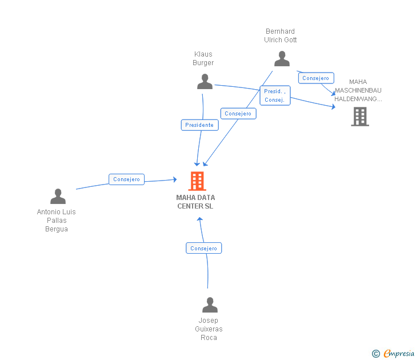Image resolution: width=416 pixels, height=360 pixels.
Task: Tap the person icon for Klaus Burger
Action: [205, 82]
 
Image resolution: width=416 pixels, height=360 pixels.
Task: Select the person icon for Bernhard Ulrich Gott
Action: [282, 59]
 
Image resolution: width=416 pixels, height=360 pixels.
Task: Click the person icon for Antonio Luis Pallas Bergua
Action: [58, 197]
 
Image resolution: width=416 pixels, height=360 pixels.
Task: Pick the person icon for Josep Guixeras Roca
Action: [210, 305]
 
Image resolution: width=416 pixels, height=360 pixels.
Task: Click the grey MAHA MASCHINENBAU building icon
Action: [359, 117]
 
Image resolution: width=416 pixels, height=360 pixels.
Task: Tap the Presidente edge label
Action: [199, 125]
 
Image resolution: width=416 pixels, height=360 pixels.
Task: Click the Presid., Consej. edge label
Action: [274, 95]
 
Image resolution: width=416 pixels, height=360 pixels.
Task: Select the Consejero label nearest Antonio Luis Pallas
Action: [126, 179]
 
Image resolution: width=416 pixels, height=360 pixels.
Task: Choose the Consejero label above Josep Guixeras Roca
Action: [203, 249]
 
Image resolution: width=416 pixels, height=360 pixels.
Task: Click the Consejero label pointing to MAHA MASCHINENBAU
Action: [315, 78]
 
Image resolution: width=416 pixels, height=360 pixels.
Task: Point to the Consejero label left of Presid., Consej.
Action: [238, 114]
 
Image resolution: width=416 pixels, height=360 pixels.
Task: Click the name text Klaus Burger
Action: [203, 58]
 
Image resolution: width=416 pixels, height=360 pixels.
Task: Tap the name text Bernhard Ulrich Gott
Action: [281, 35]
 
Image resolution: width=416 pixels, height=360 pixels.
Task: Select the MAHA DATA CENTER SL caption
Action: [195, 202]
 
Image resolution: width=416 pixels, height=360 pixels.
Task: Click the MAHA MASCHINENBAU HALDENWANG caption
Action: [358, 90]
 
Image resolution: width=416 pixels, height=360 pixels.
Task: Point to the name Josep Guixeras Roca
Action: [209, 329]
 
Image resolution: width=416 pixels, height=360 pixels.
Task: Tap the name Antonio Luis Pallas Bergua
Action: [57, 220]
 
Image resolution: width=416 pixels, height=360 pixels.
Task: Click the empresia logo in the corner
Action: [398, 353]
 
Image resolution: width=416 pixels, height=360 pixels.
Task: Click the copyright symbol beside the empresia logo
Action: [375, 354]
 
